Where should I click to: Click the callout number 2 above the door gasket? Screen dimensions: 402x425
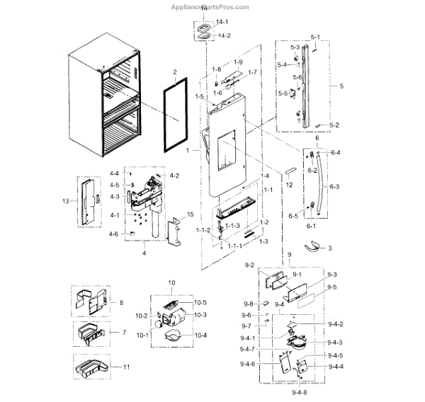[175, 71]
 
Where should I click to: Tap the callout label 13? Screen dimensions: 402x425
[65, 202]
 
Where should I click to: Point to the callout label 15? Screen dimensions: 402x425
[190, 214]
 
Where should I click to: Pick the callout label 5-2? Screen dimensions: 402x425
[334, 125]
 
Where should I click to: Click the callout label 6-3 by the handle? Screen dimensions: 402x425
[334, 186]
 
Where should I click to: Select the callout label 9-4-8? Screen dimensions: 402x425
[298, 391]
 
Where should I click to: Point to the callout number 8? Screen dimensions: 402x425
[120, 302]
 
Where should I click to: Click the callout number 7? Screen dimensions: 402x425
[123, 332]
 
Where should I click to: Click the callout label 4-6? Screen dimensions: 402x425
[114, 234]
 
